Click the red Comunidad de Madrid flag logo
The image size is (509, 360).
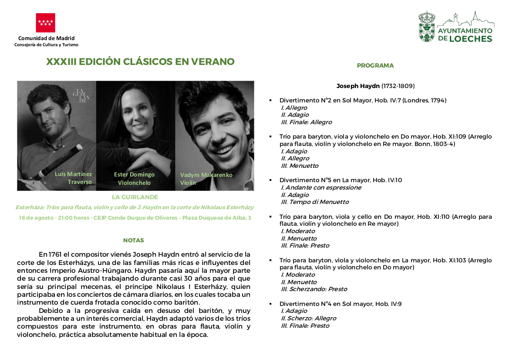(46, 23)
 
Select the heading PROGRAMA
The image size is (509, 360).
(375, 66)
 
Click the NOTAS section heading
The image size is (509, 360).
(133, 240)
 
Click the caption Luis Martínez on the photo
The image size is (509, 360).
(73, 174)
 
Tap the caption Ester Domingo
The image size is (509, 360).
(134, 175)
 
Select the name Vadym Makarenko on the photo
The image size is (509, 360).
(206, 175)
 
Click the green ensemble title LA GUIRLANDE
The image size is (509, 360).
(135, 197)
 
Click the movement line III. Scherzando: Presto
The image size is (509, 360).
(308, 289)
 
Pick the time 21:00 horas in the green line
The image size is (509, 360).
(73, 218)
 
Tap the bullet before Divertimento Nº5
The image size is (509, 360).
(271, 180)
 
